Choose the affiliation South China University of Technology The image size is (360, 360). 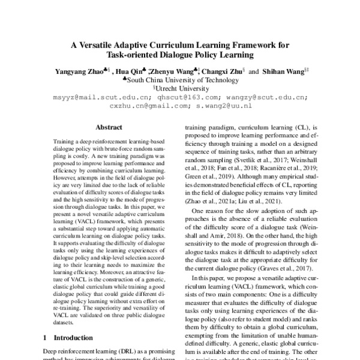point(182,79)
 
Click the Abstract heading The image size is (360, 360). point(109,127)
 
